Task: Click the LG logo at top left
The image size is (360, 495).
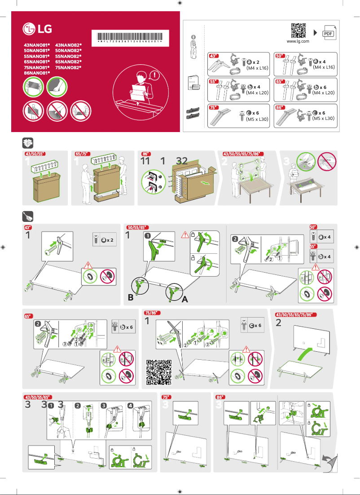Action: point(37,30)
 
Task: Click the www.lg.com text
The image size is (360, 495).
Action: point(298,41)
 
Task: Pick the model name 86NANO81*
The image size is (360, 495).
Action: point(36,72)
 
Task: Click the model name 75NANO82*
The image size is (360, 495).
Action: point(68,67)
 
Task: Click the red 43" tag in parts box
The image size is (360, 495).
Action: point(214,56)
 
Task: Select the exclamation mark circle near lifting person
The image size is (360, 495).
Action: point(156,75)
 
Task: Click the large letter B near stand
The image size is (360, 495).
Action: point(130,297)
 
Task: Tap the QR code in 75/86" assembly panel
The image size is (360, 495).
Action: point(159,372)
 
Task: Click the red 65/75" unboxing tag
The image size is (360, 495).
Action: point(82,154)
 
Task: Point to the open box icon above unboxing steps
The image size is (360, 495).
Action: point(27,143)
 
